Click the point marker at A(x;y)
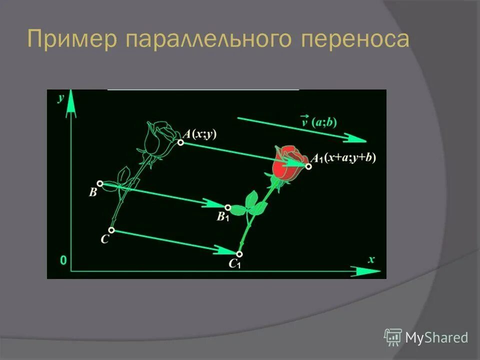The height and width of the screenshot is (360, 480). coord(180,143)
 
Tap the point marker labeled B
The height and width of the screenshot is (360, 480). coord(100,184)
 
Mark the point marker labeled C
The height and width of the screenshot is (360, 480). coord(111,230)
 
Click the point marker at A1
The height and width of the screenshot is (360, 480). coord(308,166)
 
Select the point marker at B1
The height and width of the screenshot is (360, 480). coord(228,207)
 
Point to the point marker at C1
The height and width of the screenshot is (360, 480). coord(239,254)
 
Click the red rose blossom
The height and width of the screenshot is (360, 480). coord(287,162)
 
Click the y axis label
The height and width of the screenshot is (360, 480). coord(61,97)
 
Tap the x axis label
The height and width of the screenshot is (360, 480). coord(371,259)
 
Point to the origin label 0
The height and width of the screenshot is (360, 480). coord(63,260)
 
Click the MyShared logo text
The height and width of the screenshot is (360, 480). coord(436,338)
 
